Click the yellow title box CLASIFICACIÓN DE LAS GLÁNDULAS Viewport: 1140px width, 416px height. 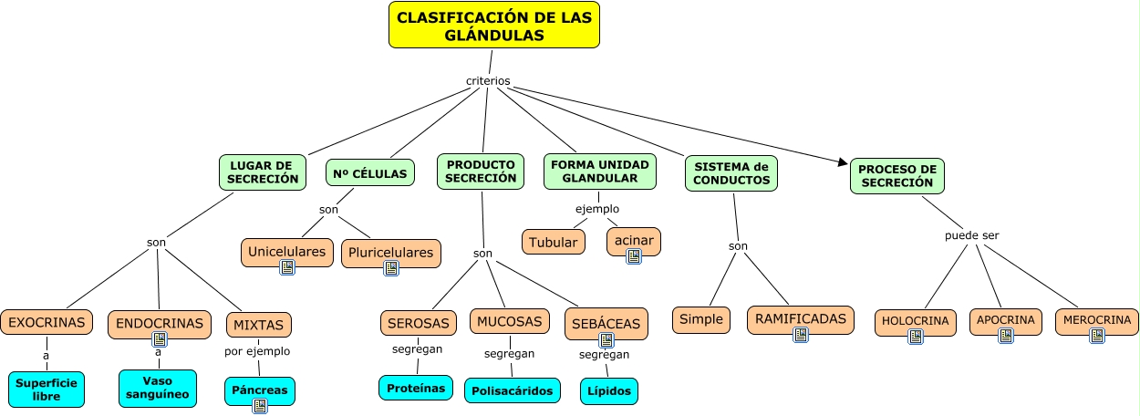pos(493,26)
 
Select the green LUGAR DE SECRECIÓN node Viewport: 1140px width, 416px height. pos(263,172)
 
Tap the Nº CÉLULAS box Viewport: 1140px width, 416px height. pos(369,173)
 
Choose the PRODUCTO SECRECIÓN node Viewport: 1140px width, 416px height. pos(481,172)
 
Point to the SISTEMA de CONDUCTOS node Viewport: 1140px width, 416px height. pos(731,173)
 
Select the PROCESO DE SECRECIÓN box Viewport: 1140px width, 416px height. pos(896,175)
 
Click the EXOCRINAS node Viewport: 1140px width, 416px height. pos(47,322)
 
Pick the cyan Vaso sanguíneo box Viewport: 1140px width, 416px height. pos(158,388)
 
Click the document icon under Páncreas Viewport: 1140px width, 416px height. pos(260,406)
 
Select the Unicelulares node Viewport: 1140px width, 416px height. pos(287,251)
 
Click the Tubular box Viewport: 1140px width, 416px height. pos(554,242)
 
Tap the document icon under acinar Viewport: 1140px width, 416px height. pos(634,256)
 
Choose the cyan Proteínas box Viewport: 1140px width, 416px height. pos(416,388)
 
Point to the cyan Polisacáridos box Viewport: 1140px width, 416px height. pos(513,390)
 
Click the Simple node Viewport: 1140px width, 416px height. pos(700,319)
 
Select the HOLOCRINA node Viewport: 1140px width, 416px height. pos(915,321)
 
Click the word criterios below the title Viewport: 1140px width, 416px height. pos(488,81)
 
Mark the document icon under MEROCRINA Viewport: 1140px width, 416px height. pos(1097,336)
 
